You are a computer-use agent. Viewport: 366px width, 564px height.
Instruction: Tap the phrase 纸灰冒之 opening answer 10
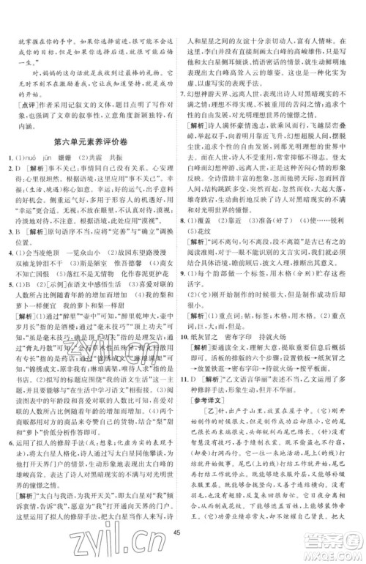[213, 346]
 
